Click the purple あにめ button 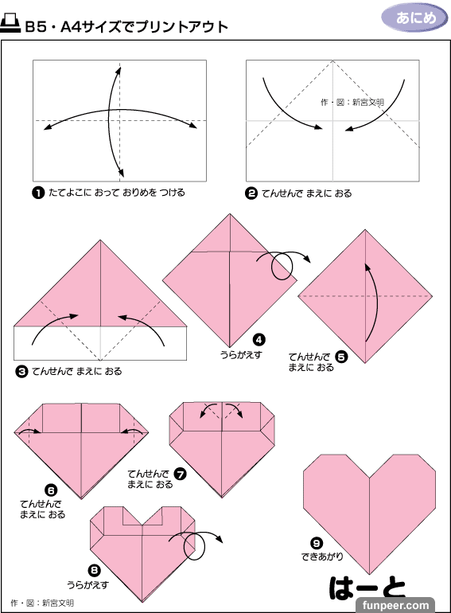click(x=414, y=18)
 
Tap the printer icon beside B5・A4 click(x=10, y=24)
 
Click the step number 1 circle click(x=38, y=193)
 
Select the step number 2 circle click(x=251, y=193)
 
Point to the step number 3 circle click(x=21, y=371)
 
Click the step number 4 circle click(x=259, y=340)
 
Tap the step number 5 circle click(x=341, y=357)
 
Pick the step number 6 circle click(x=51, y=490)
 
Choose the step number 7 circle click(x=180, y=474)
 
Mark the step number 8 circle click(x=94, y=571)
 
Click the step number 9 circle click(x=317, y=544)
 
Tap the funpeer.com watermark click(x=395, y=606)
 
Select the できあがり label click(x=322, y=556)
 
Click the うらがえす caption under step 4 click(x=241, y=354)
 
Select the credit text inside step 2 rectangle click(x=352, y=103)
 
